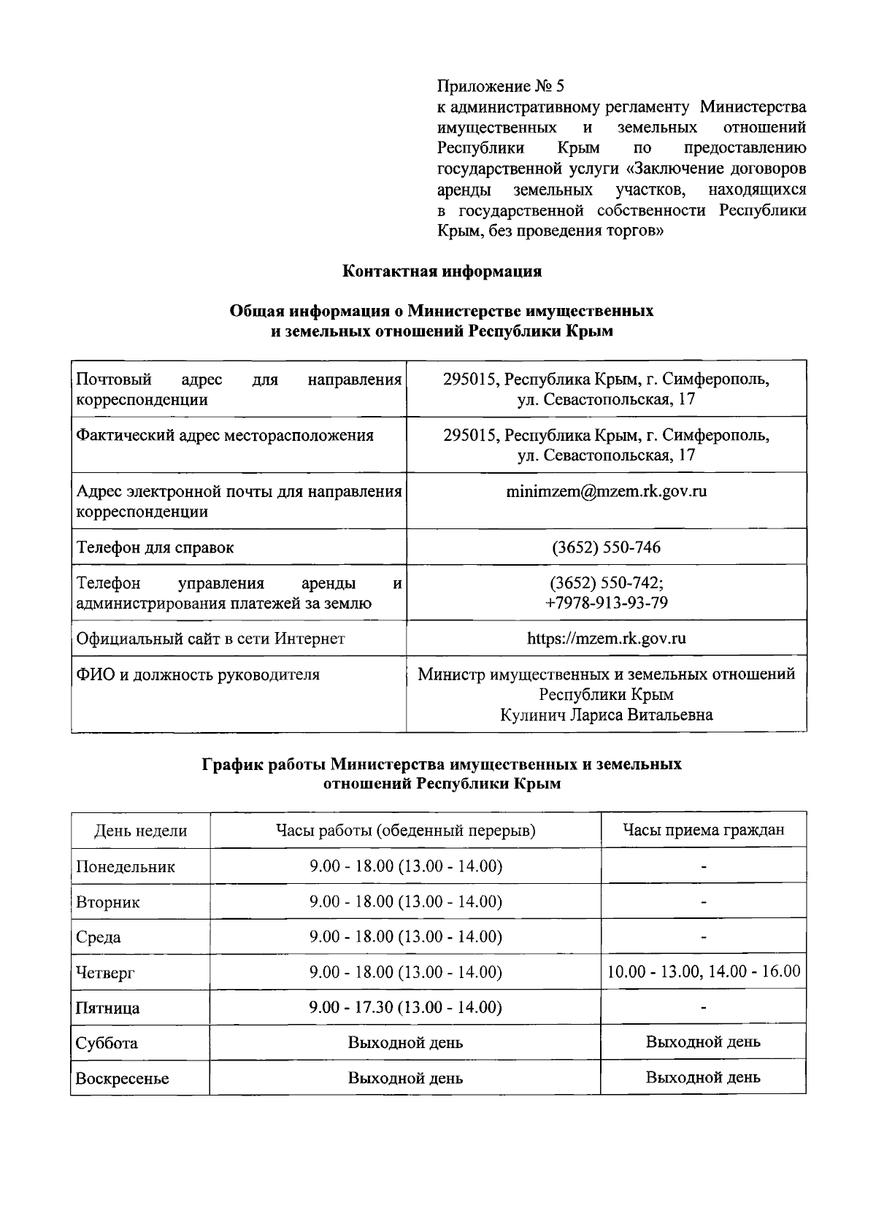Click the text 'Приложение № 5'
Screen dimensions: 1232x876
click(500, 87)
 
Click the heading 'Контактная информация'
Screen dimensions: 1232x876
click(442, 272)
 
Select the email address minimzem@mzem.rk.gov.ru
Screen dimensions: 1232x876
click(606, 491)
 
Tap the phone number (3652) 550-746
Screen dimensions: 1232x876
click(606, 547)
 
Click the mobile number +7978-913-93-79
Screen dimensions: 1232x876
click(606, 603)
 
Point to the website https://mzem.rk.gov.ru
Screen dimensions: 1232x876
click(606, 639)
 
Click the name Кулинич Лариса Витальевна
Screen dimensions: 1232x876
click(606, 715)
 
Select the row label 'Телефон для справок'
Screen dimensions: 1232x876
click(155, 547)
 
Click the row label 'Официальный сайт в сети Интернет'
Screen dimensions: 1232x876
click(211, 639)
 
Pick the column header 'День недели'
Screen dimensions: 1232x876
click(140, 831)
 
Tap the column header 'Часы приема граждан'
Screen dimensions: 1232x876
click(703, 830)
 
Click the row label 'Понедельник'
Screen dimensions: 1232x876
click(126, 867)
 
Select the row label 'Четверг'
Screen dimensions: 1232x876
click(106, 973)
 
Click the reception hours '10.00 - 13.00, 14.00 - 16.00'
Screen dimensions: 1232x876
click(703, 971)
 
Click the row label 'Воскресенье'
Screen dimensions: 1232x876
click(123, 1079)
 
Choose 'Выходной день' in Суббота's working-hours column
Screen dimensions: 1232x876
click(405, 1043)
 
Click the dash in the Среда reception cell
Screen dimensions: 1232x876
click(703, 937)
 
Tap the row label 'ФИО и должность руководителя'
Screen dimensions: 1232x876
click(198, 674)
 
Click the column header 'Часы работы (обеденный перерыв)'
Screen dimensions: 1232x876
click(405, 831)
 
